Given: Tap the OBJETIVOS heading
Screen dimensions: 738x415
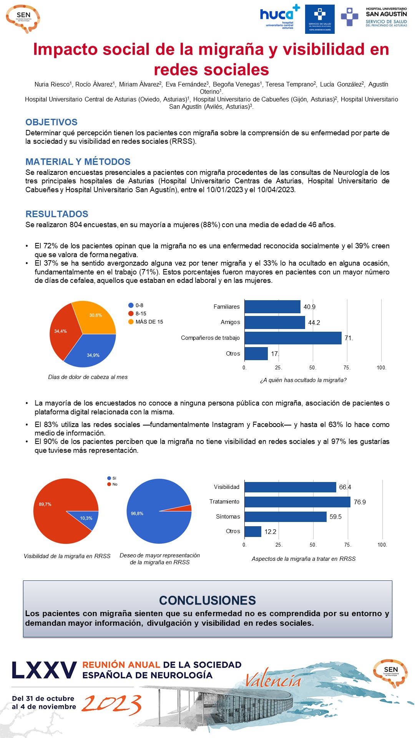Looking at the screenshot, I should tap(51, 122).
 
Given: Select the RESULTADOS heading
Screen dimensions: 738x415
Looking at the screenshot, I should tap(57, 214).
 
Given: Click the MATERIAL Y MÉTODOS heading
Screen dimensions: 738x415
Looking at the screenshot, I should tap(78, 162).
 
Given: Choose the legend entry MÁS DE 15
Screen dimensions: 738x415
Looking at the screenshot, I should tap(149, 322).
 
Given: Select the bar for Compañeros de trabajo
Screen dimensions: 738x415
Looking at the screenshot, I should tap(293, 338).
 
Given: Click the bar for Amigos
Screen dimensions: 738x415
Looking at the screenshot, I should tap(275, 322).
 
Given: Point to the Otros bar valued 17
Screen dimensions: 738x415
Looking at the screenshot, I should tap(256, 354).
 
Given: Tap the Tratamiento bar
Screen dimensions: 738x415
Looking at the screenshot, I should tap(297, 502).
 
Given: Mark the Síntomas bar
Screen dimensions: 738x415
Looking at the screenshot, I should tap(286, 517).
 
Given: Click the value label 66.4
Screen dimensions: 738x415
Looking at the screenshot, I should tap(345, 487).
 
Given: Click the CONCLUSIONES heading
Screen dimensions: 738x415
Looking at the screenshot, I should tap(207, 600).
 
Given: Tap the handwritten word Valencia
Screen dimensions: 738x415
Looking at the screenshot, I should tap(273, 681).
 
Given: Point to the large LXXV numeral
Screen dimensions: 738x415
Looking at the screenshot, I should tap(44, 670).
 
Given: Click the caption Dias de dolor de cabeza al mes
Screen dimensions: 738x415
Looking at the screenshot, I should tap(88, 377).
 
